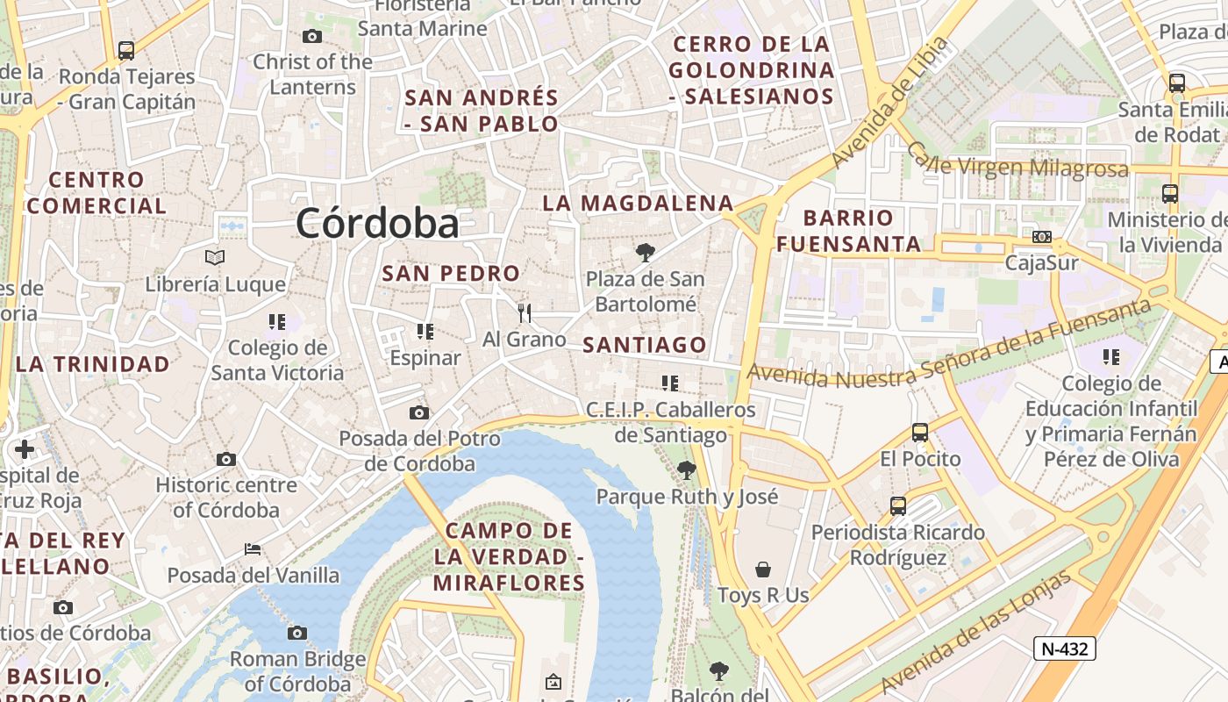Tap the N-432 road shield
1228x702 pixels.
coord(1065,648)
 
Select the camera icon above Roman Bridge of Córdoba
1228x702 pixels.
coord(297,633)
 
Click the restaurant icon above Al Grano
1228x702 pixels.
coord(525,312)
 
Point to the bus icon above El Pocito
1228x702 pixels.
coord(920,432)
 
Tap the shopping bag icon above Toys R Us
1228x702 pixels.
coord(763,569)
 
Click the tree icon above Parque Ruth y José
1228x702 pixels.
coord(687,470)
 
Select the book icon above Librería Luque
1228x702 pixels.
coord(215,257)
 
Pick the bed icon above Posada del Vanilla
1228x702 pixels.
coord(253,549)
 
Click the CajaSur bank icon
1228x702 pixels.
coord(1042,237)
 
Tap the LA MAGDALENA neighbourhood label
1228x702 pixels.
coord(638,203)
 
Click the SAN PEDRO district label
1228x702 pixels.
coord(451,273)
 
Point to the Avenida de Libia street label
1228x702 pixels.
coord(889,103)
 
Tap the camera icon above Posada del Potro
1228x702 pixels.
coord(419,412)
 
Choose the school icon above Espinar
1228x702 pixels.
coord(425,331)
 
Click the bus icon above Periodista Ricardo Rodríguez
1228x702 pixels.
coord(898,505)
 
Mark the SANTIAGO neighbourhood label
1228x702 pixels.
coord(645,345)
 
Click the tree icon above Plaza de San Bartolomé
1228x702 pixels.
coord(646,253)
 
